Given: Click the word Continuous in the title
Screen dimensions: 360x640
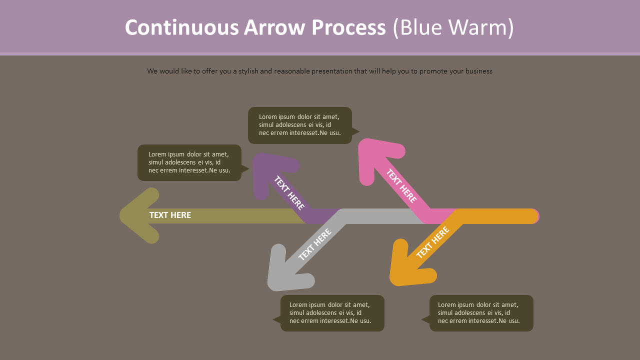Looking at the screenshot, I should [x=181, y=27].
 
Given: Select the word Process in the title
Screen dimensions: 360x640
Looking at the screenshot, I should [x=348, y=27].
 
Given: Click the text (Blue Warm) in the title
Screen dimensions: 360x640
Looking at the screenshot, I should [x=453, y=27].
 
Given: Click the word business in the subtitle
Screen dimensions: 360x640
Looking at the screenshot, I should [x=478, y=71].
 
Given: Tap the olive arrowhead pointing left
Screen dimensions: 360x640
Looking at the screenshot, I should [x=138, y=215].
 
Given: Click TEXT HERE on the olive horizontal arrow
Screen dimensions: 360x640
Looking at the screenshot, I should [x=170, y=215].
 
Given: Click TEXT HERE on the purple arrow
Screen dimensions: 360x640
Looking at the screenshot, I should [x=289, y=192].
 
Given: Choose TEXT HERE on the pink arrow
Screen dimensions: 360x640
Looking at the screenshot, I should [x=401, y=185].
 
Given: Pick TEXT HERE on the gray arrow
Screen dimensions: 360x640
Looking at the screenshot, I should [x=315, y=244].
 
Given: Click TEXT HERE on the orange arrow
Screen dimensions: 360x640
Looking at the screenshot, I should [x=432, y=242].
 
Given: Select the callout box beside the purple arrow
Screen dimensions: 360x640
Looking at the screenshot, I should [x=189, y=162].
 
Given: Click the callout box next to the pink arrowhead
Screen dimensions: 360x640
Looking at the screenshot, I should [x=300, y=125].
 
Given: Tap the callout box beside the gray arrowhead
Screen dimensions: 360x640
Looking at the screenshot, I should [x=332, y=313].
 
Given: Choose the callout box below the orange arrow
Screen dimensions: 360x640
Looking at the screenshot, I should [x=481, y=313].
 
